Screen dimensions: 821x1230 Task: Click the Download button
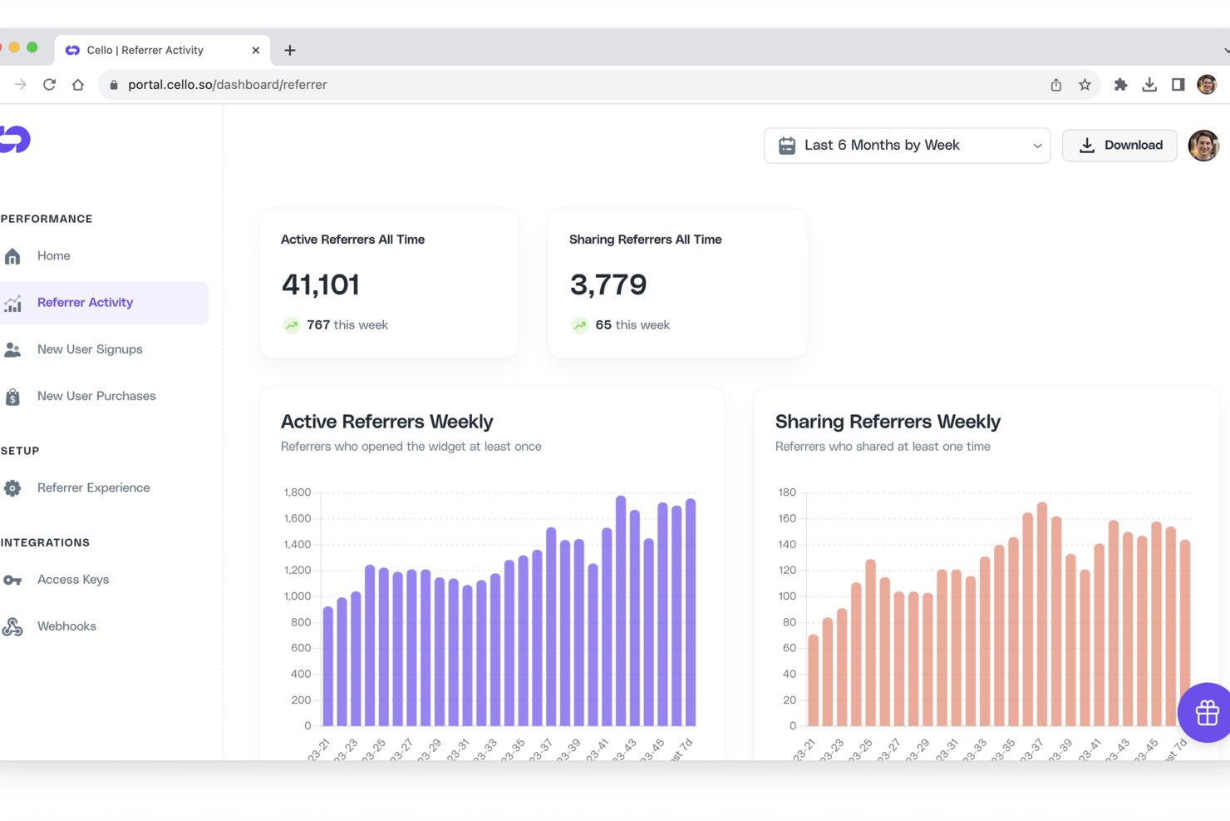pos(1119,146)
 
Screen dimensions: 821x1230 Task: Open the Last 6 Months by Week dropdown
pos(907,146)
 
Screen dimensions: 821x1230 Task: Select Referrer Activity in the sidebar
pos(85,303)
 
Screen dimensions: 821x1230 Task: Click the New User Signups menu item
pos(89,349)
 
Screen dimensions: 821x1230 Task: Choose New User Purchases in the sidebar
pos(96,396)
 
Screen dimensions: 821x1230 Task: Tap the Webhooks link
pos(66,626)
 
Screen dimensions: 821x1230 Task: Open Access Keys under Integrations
pos(72,580)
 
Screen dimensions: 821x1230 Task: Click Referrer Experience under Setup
pos(93,488)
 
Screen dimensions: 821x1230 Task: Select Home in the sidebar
pos(53,256)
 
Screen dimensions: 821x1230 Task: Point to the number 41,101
pos(320,284)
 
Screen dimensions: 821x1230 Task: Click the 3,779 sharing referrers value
pos(608,284)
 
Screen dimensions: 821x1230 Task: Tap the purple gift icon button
pos(1206,712)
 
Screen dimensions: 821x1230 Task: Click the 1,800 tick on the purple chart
pos(297,492)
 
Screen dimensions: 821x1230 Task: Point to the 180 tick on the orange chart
pos(786,492)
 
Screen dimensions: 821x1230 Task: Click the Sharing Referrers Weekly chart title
pos(887,422)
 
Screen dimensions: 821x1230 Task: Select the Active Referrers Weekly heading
pos(386,422)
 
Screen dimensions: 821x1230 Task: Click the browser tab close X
pos(255,51)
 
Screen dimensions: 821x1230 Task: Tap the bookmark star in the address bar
pos(1085,85)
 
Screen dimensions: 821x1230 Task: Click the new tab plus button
pos(290,51)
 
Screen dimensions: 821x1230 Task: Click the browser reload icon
pos(49,85)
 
